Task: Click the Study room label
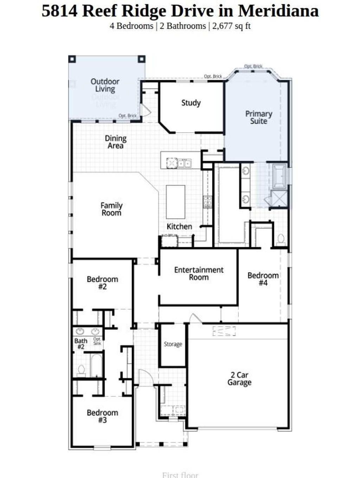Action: pos(191,103)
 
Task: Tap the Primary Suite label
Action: pos(259,117)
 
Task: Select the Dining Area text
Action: pos(115,142)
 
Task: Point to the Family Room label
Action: pos(111,209)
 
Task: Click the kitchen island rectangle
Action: pos(175,202)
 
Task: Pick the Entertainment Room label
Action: pos(199,273)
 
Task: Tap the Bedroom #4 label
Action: pos(263,279)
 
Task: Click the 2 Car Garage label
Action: pos(239,379)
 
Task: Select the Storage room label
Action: pos(173,344)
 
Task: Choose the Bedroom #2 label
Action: pos(102,283)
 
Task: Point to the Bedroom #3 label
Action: pos(102,416)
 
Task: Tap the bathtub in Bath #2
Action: pos(96,365)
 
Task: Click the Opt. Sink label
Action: pos(97,341)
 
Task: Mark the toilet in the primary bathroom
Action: pos(281,239)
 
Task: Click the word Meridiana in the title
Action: pos(278,11)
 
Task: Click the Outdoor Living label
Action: pos(105,85)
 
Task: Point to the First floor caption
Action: pos(180,475)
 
